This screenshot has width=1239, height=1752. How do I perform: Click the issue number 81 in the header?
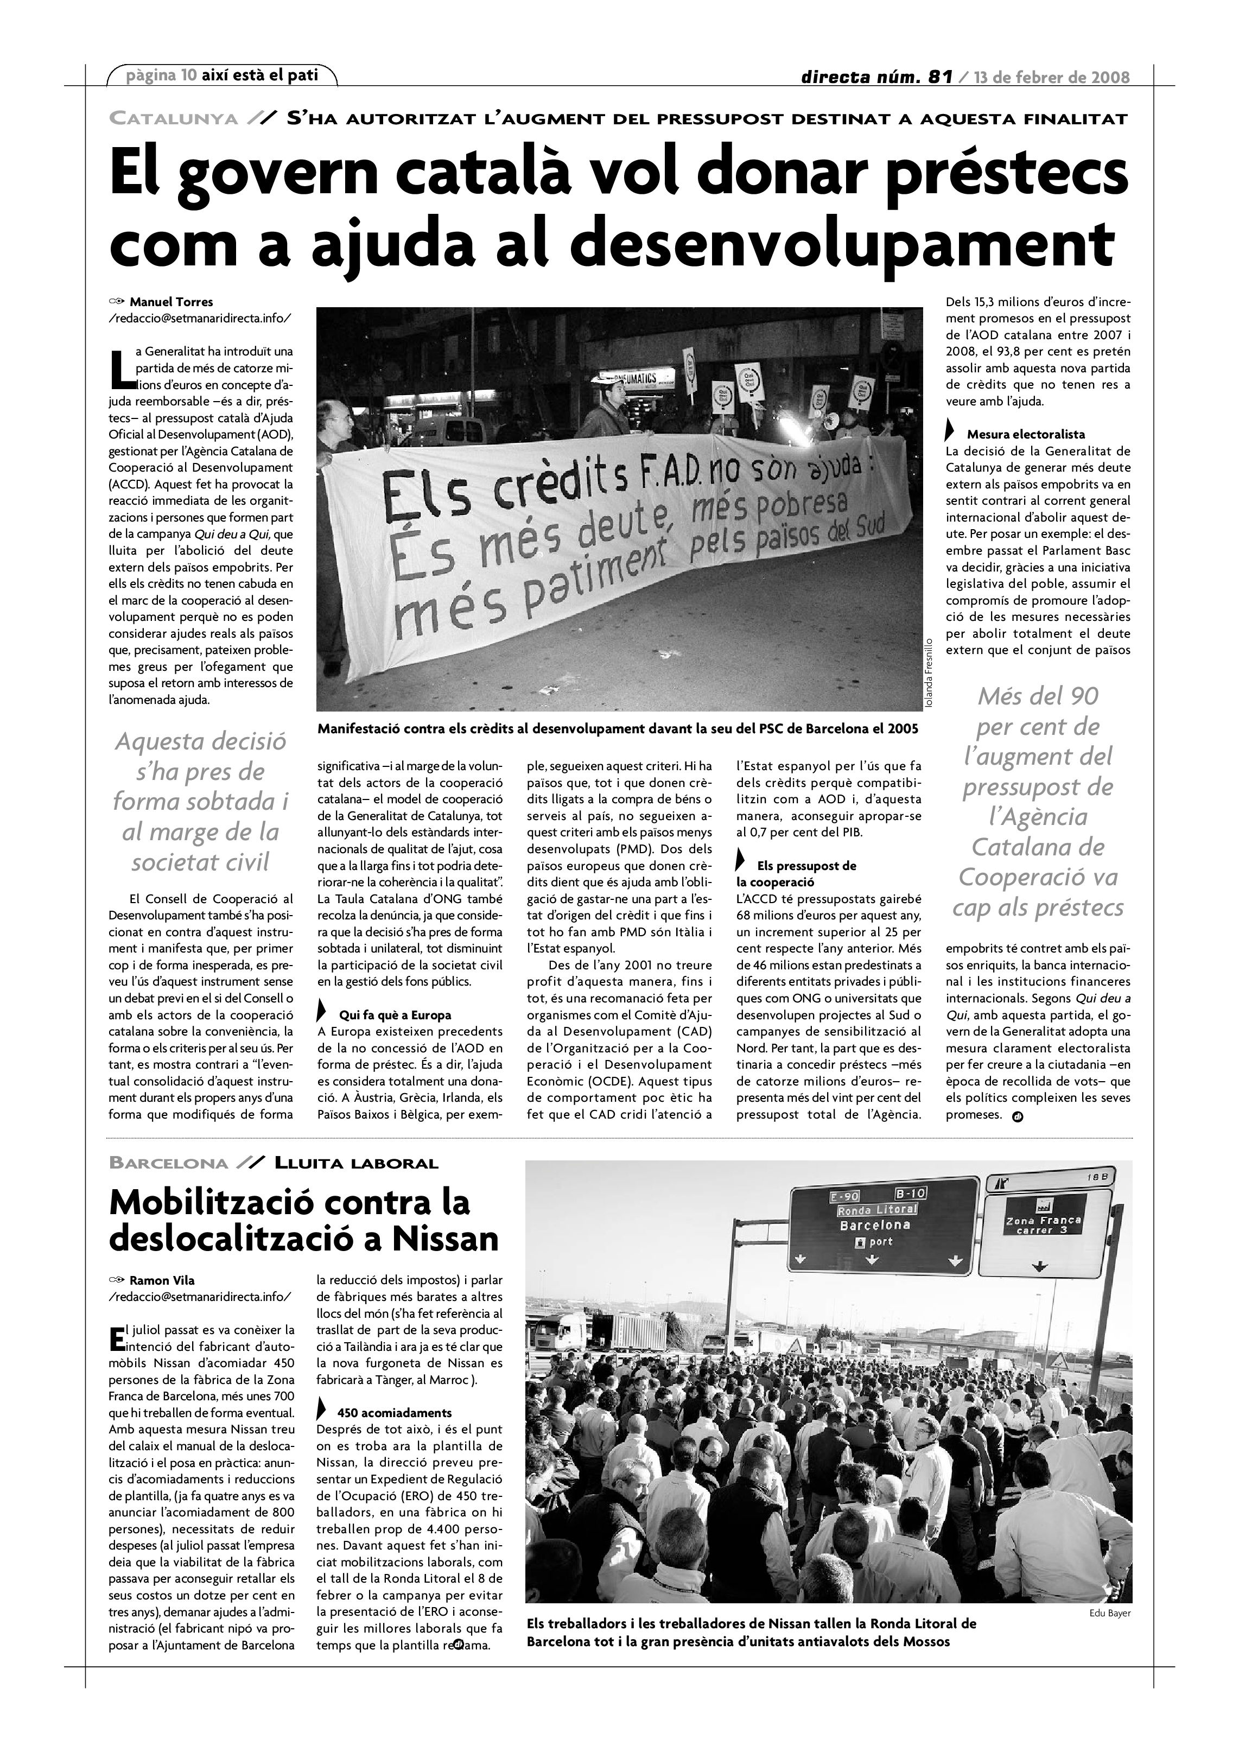(941, 77)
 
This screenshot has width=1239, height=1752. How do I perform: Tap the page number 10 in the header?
(188, 75)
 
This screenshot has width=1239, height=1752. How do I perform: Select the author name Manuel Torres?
(171, 301)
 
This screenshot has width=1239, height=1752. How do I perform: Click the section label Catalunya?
(174, 119)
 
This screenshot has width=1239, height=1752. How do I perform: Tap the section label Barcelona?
(169, 1164)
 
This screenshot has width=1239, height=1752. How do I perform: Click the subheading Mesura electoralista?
(1025, 434)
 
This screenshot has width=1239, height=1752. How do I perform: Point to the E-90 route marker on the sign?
(844, 1196)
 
